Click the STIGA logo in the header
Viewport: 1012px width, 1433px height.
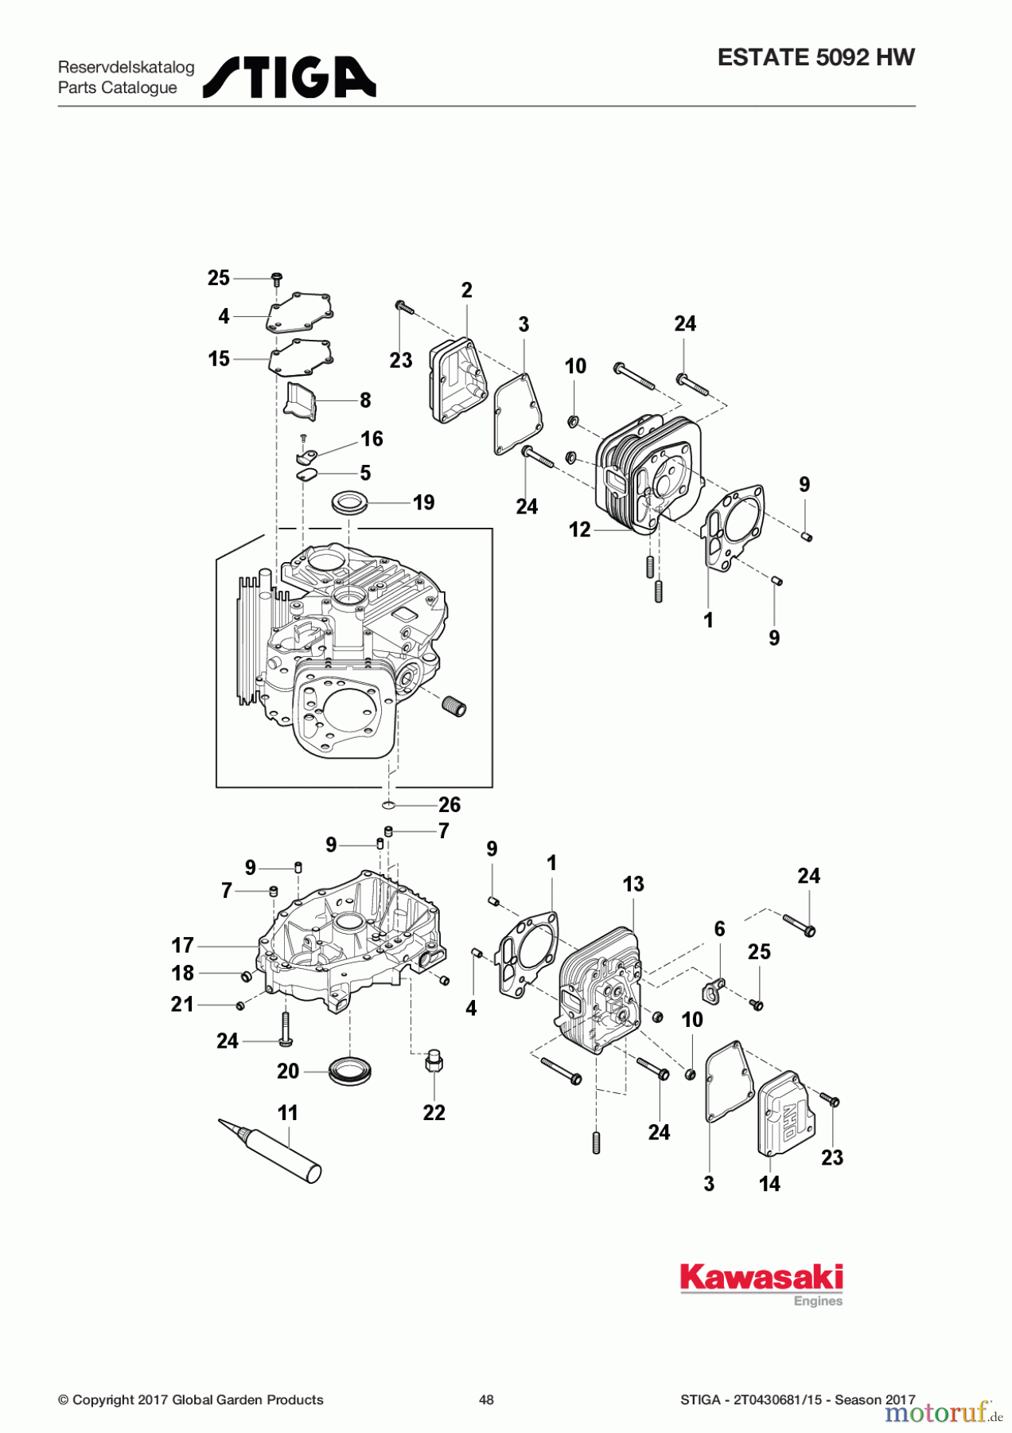(x=289, y=77)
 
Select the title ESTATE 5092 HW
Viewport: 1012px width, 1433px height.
(x=815, y=57)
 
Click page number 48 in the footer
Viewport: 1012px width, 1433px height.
(x=486, y=1400)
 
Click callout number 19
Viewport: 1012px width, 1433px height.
(x=423, y=502)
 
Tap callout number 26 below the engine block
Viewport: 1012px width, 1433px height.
(x=450, y=804)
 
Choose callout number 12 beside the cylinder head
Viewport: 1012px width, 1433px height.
(x=579, y=529)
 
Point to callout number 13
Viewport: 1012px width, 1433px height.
(x=633, y=884)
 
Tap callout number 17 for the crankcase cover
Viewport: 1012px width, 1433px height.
(x=183, y=945)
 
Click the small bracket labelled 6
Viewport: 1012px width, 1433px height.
(x=713, y=991)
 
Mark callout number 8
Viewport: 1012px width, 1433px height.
(x=365, y=400)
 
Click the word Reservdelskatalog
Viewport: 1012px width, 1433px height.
(x=126, y=67)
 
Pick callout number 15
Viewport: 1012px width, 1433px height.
(x=219, y=358)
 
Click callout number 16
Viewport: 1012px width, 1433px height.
(x=372, y=439)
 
